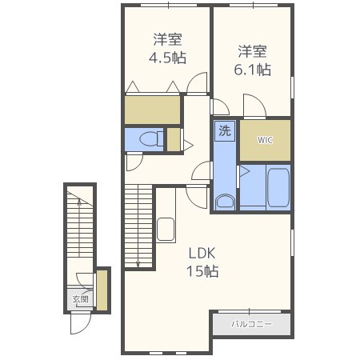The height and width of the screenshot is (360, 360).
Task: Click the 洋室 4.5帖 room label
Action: click(167, 48)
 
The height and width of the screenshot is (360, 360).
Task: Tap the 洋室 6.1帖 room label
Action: click(252, 61)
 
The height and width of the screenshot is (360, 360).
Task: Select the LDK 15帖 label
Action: click(202, 262)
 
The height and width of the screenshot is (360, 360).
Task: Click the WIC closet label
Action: click(265, 140)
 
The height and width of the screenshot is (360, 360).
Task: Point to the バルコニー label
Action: click(251, 325)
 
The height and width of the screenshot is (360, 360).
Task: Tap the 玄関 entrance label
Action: click(80, 300)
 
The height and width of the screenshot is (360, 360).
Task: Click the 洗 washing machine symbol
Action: click(225, 130)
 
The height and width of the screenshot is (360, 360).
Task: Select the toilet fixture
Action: click(147, 140)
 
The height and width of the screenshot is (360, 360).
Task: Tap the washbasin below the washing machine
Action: click(225, 200)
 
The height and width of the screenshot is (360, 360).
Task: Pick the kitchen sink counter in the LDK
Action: click(166, 228)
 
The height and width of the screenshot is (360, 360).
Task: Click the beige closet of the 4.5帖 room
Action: click(153, 110)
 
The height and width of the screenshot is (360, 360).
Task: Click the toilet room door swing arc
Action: click(133, 161)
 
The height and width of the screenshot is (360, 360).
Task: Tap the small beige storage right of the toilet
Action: click(173, 139)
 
